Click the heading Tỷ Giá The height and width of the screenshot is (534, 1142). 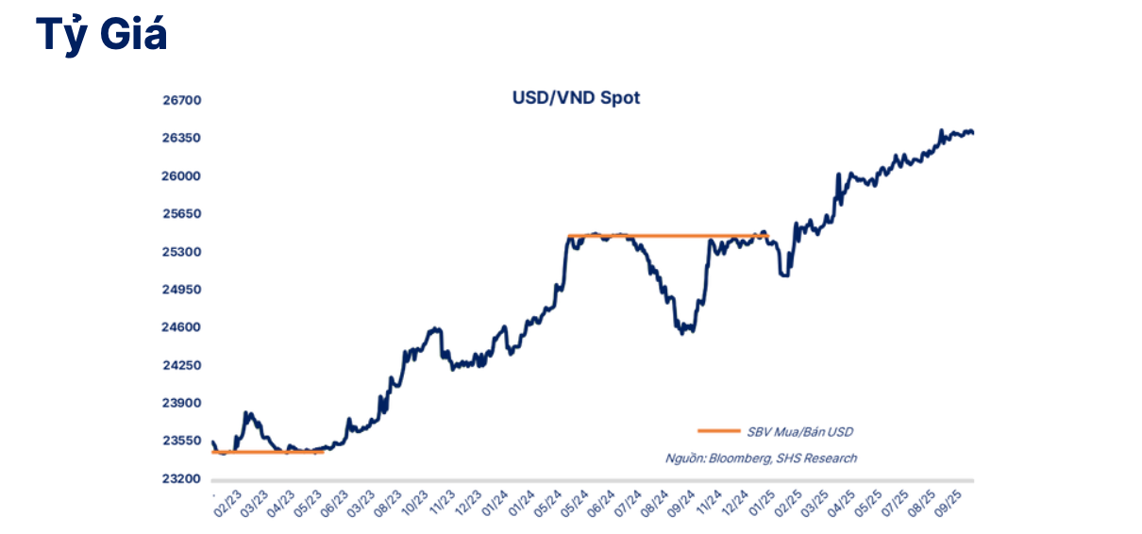click(x=102, y=35)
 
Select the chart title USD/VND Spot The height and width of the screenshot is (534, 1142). click(x=576, y=97)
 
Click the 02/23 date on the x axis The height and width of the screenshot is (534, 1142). click(x=227, y=501)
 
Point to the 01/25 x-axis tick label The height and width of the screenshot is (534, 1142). click(x=762, y=501)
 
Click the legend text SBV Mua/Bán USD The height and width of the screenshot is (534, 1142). click(x=799, y=431)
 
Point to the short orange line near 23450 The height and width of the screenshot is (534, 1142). click(x=269, y=453)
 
